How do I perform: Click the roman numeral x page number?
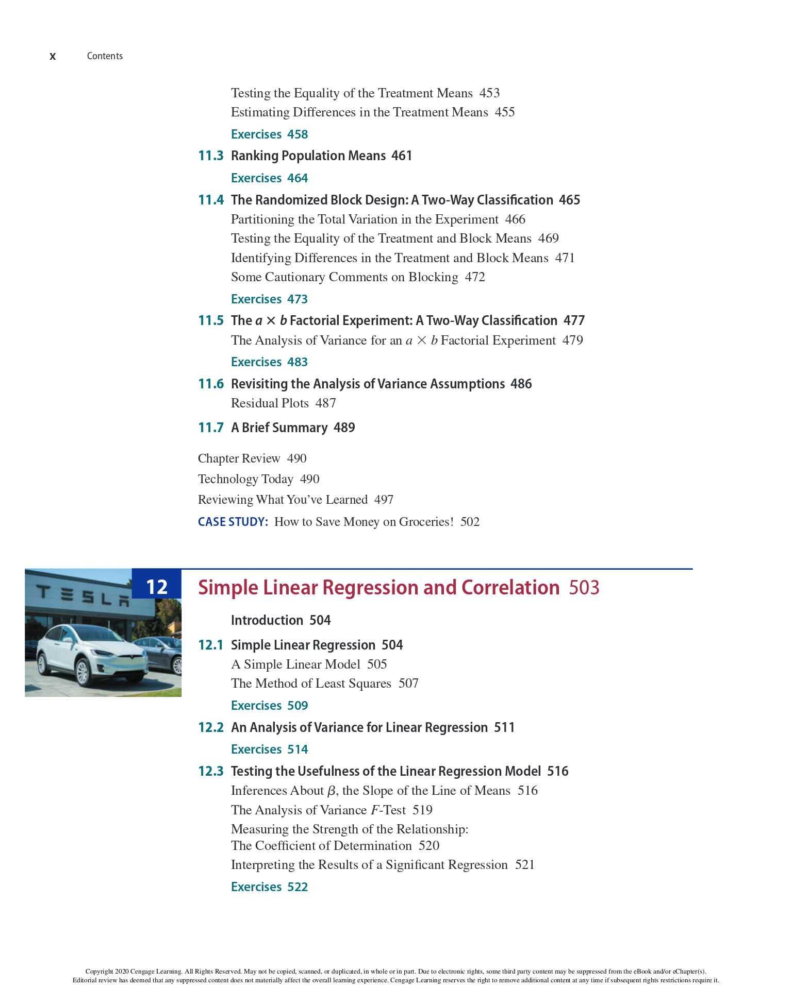53,57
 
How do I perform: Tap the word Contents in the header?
105,56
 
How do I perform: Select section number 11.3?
210,156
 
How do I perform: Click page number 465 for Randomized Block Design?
569,200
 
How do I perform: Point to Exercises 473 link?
269,299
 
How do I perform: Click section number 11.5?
210,321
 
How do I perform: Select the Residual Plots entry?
270,403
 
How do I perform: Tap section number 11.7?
210,428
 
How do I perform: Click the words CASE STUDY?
233,522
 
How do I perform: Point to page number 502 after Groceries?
470,522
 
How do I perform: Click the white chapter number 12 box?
157,587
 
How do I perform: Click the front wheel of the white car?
82,671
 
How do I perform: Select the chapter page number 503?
584,588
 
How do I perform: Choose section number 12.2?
210,727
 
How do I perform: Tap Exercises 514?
269,749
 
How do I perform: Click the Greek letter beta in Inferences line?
332,791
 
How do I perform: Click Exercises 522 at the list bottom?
269,887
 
